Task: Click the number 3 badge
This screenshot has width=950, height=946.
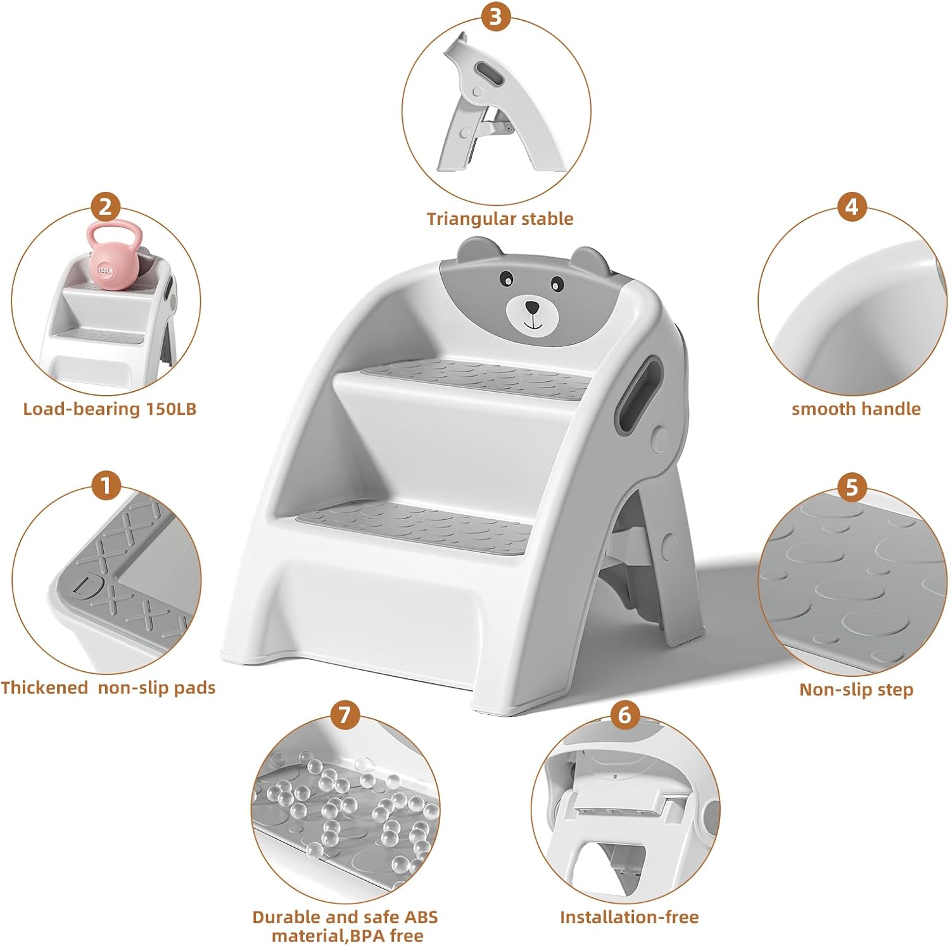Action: coord(496,17)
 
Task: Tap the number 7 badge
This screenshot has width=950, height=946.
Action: coord(345,715)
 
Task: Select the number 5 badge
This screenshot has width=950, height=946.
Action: coord(852,487)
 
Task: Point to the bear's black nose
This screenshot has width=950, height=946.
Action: coord(533,307)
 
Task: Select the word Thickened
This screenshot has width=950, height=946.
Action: coord(44,688)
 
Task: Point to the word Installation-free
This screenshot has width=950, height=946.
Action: coord(629,917)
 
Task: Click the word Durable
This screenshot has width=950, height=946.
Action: coord(286,917)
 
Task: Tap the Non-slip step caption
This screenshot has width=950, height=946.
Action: coord(856,690)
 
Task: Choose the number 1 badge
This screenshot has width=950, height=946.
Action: coord(106,486)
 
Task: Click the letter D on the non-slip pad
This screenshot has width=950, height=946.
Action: coord(81,585)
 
